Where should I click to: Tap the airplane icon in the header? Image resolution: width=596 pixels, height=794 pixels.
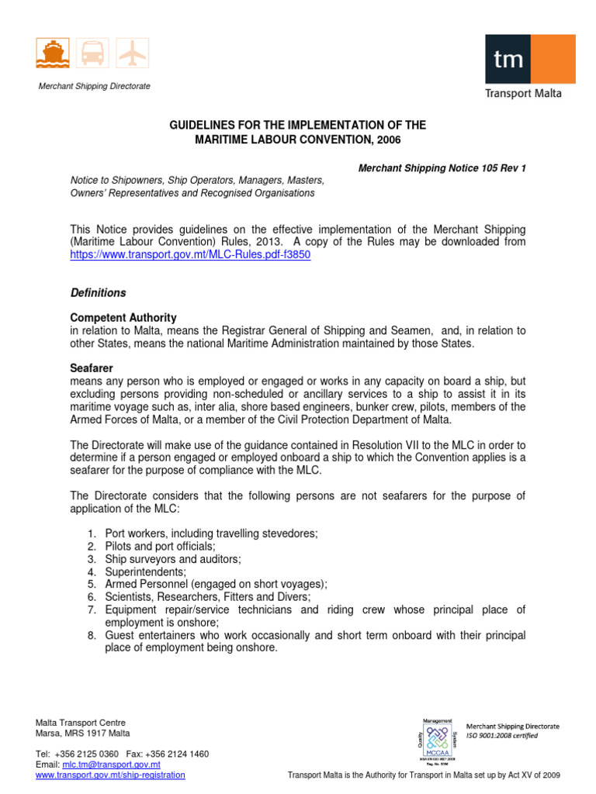point(133,54)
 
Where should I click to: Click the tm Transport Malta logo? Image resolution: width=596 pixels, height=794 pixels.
point(524,67)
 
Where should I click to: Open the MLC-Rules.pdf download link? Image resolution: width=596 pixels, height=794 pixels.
point(190,255)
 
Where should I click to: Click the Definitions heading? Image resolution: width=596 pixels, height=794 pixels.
point(98,293)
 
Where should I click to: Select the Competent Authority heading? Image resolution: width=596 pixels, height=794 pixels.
point(123,318)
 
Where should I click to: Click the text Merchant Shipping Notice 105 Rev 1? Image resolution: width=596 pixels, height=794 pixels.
point(442,168)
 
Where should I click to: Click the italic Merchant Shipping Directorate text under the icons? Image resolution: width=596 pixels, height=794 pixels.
point(95,86)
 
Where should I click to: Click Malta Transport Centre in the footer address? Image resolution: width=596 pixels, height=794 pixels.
point(81,723)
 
